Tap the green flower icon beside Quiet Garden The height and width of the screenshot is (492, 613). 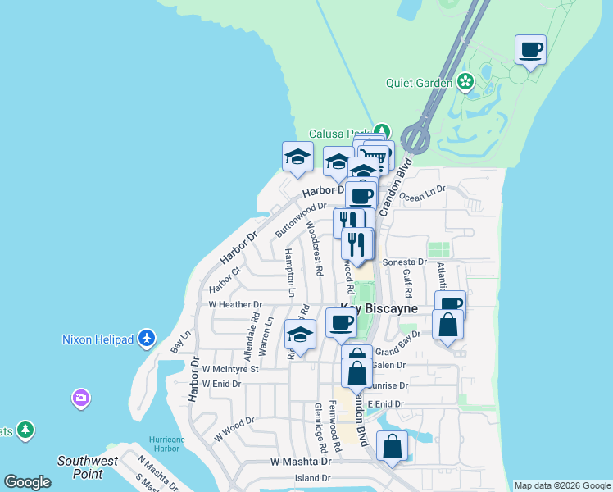pos(465,81)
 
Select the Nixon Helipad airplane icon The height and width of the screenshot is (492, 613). pos(147,338)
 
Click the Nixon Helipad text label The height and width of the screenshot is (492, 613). pos(98,339)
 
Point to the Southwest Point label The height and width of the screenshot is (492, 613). pos(87,467)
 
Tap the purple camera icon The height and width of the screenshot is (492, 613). pos(80,398)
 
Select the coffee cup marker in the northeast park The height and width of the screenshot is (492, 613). pos(531,50)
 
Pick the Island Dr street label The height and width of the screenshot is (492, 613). pos(313,477)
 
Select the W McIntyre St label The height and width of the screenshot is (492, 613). pos(230,369)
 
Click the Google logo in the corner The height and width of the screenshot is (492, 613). pos(28,482)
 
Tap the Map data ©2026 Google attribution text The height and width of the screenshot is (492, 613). pos(562,485)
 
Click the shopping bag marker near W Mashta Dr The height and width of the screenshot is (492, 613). pos(393,447)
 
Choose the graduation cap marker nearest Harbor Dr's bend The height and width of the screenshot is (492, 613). pos(297,156)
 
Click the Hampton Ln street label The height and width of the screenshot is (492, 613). pos(289,271)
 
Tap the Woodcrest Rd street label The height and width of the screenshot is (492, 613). pos(314,246)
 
